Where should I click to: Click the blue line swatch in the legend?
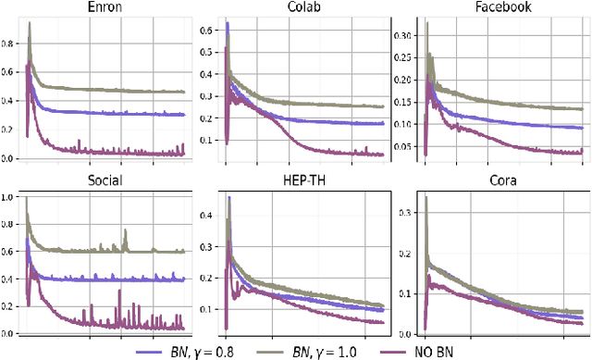tap(148, 351)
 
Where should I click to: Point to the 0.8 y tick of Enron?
tap(8, 43)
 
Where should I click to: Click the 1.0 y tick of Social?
tap(8, 197)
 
